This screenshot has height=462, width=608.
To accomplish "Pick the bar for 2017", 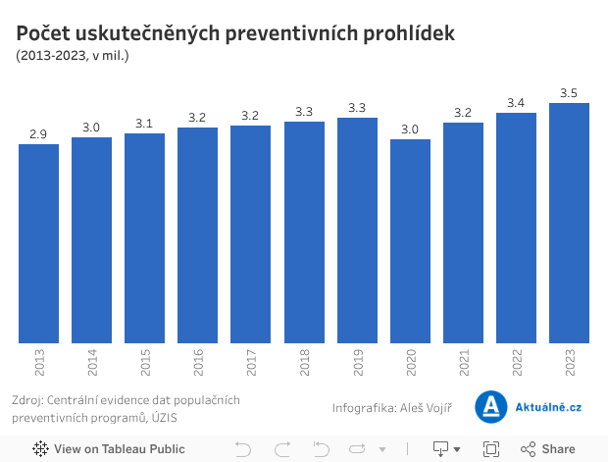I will pos(250,234).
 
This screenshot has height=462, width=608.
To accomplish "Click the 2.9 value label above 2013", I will pos(38,134).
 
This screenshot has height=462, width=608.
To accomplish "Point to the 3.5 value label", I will pos(569,93).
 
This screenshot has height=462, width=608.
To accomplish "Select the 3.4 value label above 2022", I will pos(516,103).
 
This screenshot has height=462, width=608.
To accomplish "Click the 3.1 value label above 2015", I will pos(144,124).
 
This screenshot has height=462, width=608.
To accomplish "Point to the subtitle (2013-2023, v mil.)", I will pos(73,56).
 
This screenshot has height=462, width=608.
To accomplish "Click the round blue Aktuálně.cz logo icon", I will pos(490,407).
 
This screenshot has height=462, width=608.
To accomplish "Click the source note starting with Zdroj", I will pos(126,408).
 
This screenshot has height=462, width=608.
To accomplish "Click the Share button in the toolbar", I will pos(548,449).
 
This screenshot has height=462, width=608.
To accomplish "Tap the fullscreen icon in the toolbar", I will pos(491,449).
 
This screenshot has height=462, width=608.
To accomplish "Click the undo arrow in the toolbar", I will pos(243,449).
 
